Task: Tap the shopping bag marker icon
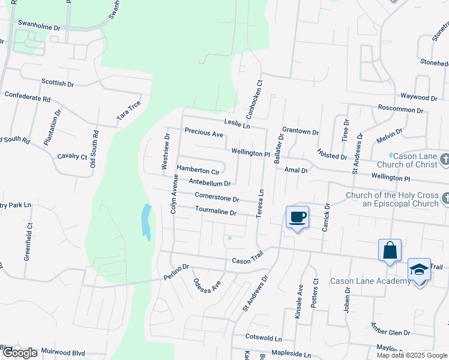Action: [x=390, y=250]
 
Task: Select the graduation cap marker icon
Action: [x=419, y=270]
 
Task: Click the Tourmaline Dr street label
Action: [x=216, y=211]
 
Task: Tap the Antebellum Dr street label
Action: [x=209, y=182]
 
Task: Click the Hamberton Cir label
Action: [x=197, y=170]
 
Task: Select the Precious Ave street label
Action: [x=204, y=131]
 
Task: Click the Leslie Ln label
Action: [x=237, y=124]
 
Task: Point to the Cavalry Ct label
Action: [x=73, y=156]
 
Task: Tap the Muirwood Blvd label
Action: [x=62, y=353]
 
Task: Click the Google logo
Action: [x=19, y=353]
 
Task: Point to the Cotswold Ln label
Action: [x=259, y=338]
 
